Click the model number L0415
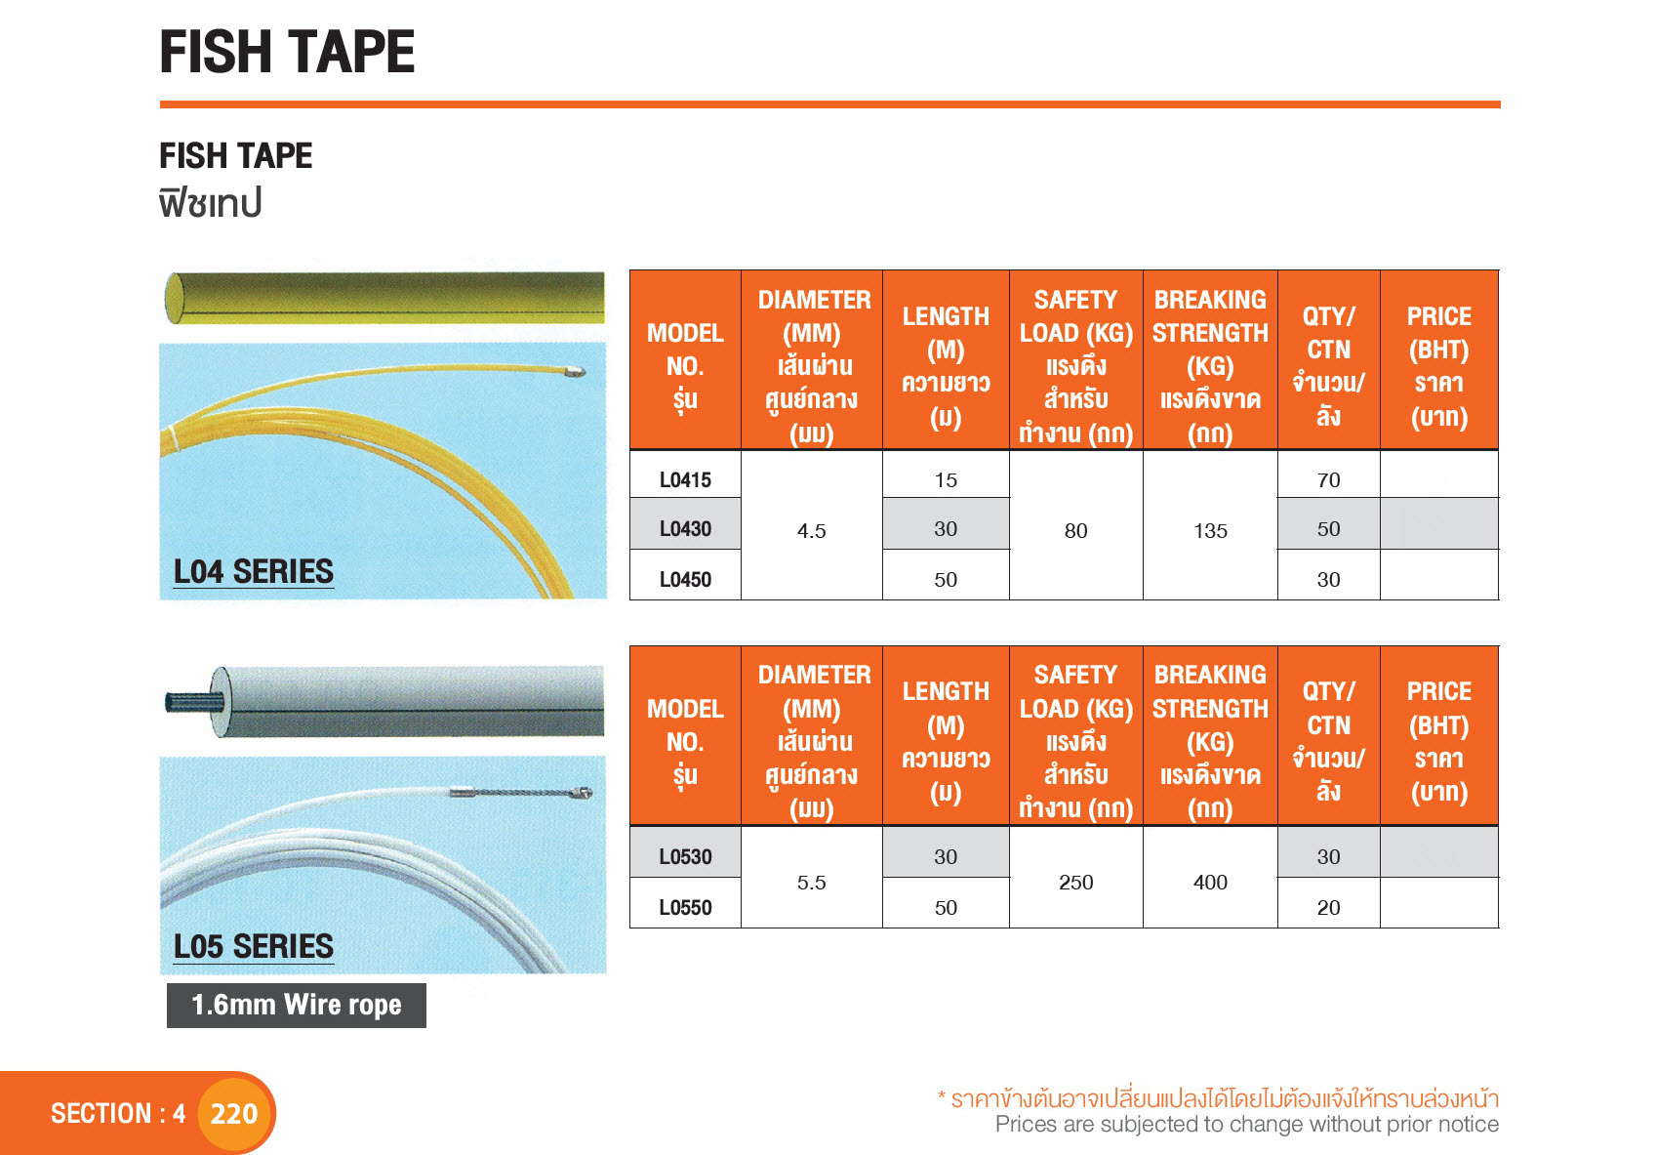click(685, 480)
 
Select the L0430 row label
click(685, 529)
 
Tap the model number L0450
click(685, 579)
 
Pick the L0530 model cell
click(685, 856)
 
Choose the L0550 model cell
click(685, 907)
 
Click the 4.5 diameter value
click(811, 531)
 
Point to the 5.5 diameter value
click(811, 883)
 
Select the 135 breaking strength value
click(1209, 531)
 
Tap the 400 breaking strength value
click(1209, 883)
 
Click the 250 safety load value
click(1075, 883)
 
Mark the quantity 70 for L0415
click(1328, 480)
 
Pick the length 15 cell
click(945, 480)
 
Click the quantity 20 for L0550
click(1328, 907)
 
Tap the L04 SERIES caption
click(253, 571)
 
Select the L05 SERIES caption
click(253, 946)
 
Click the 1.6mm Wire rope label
click(296, 1005)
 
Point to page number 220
click(233, 1113)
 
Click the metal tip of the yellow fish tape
click(574, 371)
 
